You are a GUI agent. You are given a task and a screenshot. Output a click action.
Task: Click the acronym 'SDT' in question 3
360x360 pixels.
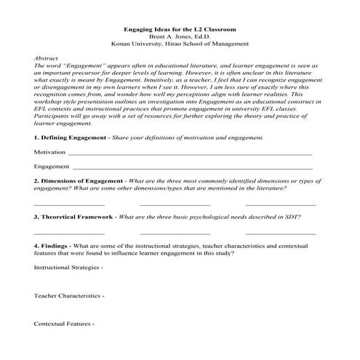pyautogui.click(x=292, y=217)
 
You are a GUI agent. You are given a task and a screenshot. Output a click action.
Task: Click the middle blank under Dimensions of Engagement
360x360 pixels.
pyautogui.click(x=175, y=206)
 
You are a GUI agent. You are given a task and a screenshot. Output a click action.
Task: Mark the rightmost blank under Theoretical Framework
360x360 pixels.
pyautogui.click(x=281, y=234)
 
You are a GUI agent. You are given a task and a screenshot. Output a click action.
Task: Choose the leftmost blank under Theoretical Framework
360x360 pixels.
pyautogui.click(x=69, y=234)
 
